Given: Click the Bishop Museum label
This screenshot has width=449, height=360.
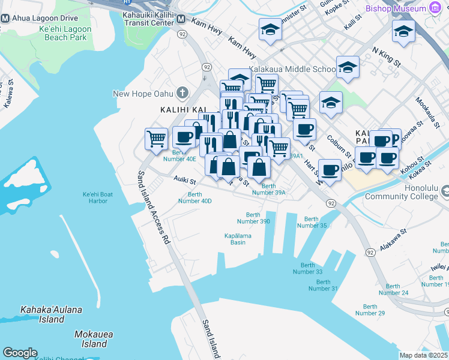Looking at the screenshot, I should pyautogui.click(x=396, y=8).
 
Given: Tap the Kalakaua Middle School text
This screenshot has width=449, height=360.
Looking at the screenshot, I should pyautogui.click(x=292, y=70).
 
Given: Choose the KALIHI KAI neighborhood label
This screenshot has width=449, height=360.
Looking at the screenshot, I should pyautogui.click(x=179, y=110).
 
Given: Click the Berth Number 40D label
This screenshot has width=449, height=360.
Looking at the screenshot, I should pyautogui.click(x=195, y=197).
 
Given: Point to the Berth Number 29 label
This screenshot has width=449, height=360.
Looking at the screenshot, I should pyautogui.click(x=370, y=310).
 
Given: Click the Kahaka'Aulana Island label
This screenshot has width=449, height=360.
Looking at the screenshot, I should pyautogui.click(x=51, y=314).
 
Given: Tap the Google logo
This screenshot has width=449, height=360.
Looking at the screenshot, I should pyautogui.click(x=20, y=353).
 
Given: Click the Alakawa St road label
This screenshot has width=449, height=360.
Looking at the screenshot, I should pyautogui.click(x=393, y=238).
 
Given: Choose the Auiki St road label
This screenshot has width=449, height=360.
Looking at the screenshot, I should pyautogui.click(x=185, y=179).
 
